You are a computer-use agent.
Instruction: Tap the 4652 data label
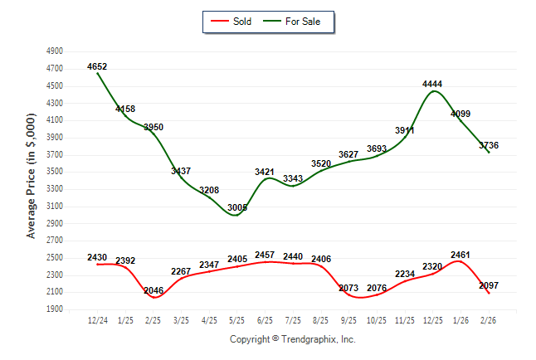click(97, 66)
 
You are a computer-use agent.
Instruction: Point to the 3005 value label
click(237, 207)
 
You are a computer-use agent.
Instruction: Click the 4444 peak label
click(432, 84)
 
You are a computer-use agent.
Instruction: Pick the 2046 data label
click(153, 290)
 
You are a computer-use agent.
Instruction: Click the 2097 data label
click(489, 285)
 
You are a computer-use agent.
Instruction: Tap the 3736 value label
click(489, 146)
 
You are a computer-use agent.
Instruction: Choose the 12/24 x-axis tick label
click(97, 319)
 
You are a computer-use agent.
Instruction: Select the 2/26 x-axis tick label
click(489, 319)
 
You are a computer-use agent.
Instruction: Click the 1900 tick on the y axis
click(55, 309)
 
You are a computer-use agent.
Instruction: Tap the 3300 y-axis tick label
click(55, 189)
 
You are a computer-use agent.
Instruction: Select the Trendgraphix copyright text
click(292, 339)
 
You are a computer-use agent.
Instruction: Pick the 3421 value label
click(265, 172)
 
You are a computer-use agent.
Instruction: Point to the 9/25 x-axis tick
click(348, 319)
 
